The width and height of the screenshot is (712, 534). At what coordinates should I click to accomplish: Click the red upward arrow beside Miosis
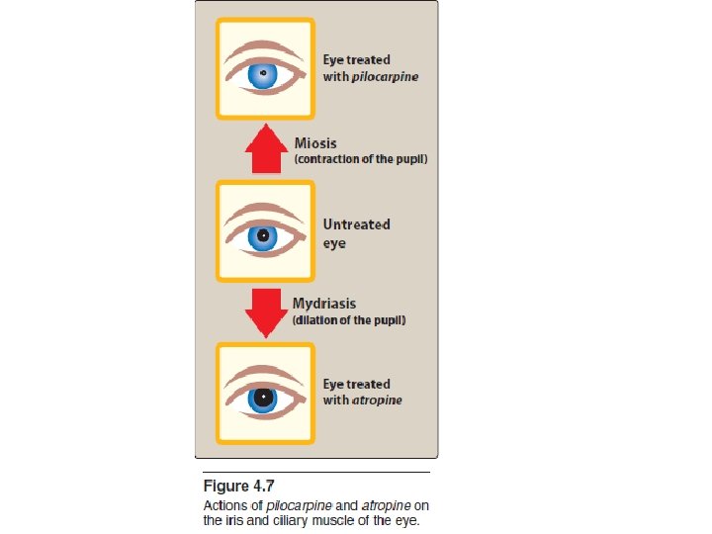pyautogui.click(x=265, y=151)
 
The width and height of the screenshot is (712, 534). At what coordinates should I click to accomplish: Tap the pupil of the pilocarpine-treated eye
pyautogui.click(x=263, y=75)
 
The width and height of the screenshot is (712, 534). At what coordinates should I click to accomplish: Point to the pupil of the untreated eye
pyautogui.click(x=263, y=235)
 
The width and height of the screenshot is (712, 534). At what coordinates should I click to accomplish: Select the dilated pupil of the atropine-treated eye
pyautogui.click(x=263, y=398)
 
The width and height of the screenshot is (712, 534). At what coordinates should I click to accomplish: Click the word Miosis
pyautogui.click(x=316, y=142)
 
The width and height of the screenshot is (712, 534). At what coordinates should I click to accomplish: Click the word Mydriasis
pyautogui.click(x=324, y=304)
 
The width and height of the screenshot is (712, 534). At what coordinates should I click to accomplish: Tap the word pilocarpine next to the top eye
pyautogui.click(x=385, y=77)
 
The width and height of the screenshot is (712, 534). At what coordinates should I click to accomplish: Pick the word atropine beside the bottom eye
pyautogui.click(x=377, y=400)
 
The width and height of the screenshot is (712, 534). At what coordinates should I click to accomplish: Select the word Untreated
pyautogui.click(x=356, y=224)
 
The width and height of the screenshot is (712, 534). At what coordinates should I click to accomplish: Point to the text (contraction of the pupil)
pyautogui.click(x=361, y=159)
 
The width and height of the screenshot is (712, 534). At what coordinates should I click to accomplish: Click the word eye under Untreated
pyautogui.click(x=334, y=243)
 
